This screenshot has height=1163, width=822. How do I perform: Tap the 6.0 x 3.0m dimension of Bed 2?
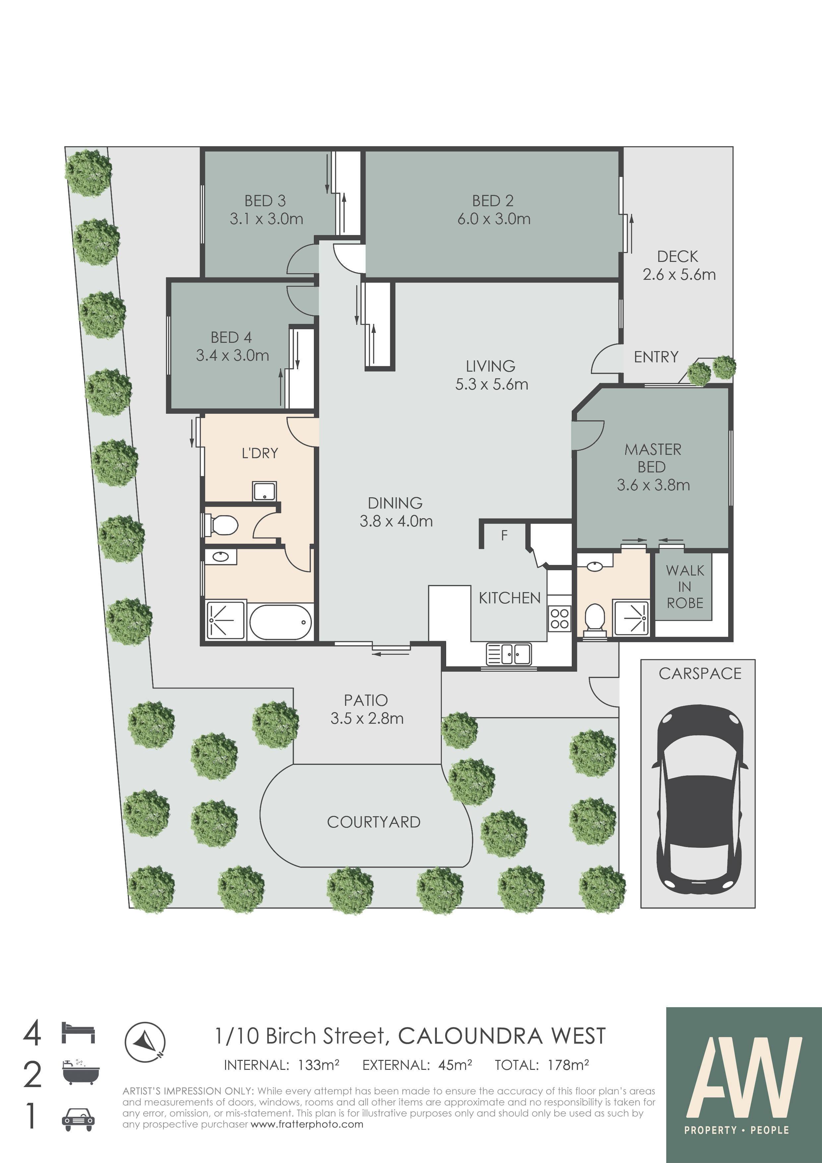(x=494, y=219)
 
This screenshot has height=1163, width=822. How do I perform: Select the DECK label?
(x=678, y=257)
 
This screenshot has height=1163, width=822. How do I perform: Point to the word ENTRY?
(x=656, y=357)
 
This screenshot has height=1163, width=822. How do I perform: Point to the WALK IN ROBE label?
(x=685, y=586)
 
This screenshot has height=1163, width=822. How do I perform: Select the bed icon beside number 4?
(x=78, y=1033)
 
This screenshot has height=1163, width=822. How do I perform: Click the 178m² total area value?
(x=568, y=1065)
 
